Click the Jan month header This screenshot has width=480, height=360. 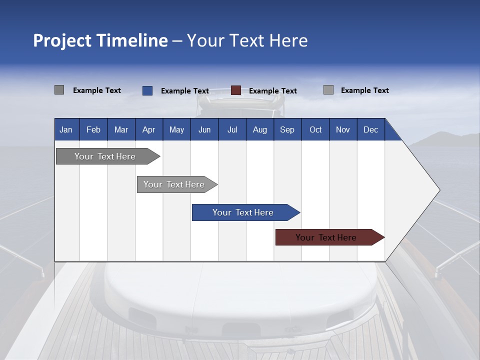click(x=66, y=129)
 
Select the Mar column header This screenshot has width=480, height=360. click(x=121, y=129)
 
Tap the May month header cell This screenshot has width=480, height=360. click(x=176, y=129)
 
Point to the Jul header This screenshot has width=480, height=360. click(x=232, y=129)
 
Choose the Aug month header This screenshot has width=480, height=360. click(x=259, y=129)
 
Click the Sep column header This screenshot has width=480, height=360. click(x=287, y=129)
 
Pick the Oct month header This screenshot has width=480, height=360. click(x=315, y=129)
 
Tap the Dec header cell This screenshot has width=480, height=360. click(x=370, y=129)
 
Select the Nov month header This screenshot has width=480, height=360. click(x=343, y=129)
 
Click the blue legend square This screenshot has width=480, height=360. click(x=147, y=90)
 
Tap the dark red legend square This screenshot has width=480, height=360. click(x=236, y=90)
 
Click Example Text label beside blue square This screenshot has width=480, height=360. click(x=185, y=91)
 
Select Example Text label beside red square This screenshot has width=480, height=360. click(x=273, y=91)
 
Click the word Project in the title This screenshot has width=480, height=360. click(x=62, y=40)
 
